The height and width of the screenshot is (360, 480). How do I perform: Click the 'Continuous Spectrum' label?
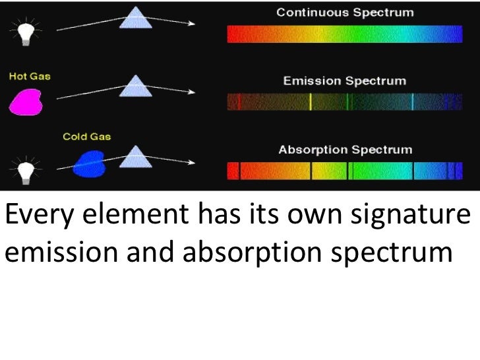(x=345, y=12)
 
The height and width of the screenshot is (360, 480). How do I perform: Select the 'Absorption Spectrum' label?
(x=345, y=149)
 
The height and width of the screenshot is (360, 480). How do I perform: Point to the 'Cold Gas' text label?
(x=86, y=137)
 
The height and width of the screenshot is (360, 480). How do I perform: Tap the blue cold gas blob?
(x=89, y=164)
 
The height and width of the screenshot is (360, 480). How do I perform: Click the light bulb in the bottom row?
(x=25, y=170)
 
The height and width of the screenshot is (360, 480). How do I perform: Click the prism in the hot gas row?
(x=137, y=84)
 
